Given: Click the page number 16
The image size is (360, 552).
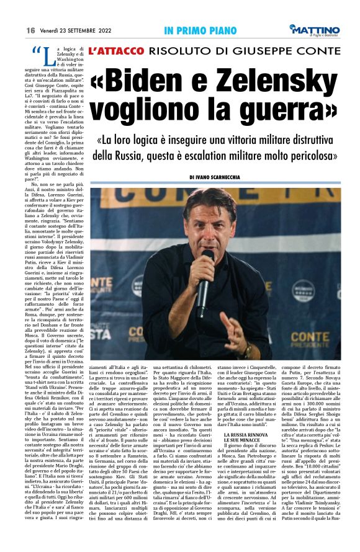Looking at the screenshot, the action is (30, 29).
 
